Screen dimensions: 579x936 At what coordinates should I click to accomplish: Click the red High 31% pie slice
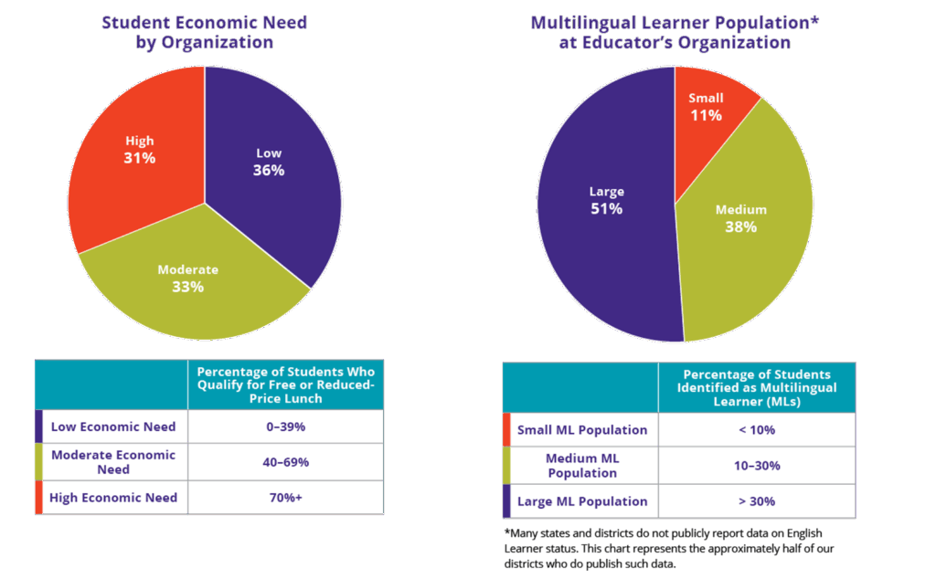pyautogui.click(x=137, y=155)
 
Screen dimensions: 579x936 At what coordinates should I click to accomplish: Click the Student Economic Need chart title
pyautogui.click(x=204, y=32)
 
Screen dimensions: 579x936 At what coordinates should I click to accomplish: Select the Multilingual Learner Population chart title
pyautogui.click(x=675, y=32)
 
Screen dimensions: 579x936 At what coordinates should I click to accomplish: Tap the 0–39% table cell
pyautogui.click(x=285, y=426)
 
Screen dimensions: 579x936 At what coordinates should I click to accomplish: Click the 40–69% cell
pyautogui.click(x=285, y=462)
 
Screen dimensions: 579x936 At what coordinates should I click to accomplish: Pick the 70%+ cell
pyautogui.click(x=285, y=498)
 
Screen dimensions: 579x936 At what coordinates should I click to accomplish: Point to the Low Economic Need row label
pyautogui.click(x=113, y=426)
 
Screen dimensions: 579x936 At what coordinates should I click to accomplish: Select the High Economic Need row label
pyautogui.click(x=113, y=498)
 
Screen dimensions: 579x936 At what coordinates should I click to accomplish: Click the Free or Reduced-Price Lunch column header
pyautogui.click(x=285, y=384)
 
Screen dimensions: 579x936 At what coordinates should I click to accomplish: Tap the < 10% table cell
pyautogui.click(x=756, y=429)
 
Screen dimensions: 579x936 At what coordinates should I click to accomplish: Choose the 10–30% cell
pyautogui.click(x=756, y=466)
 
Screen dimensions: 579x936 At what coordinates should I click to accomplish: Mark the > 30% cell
pyautogui.click(x=756, y=501)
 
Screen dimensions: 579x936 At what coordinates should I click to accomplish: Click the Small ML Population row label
pyautogui.click(x=582, y=429)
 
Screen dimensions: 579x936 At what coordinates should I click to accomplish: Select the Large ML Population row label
pyautogui.click(x=582, y=501)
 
